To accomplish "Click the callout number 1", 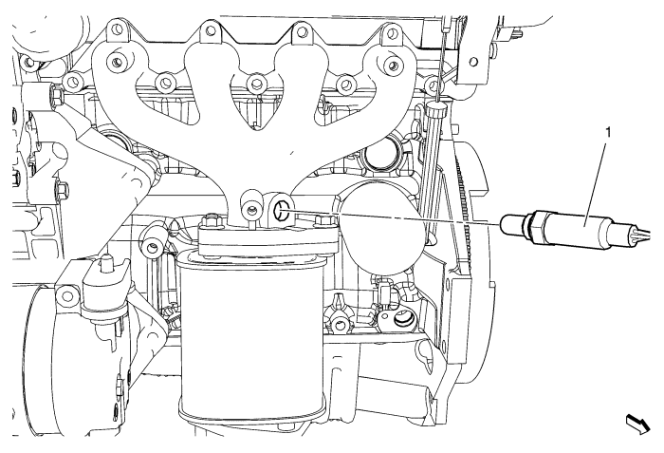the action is pos(609,133).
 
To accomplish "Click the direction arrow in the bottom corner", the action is pos(638,425).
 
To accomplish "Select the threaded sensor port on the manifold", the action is pos(281,211).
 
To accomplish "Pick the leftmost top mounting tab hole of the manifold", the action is pos(115,28).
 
